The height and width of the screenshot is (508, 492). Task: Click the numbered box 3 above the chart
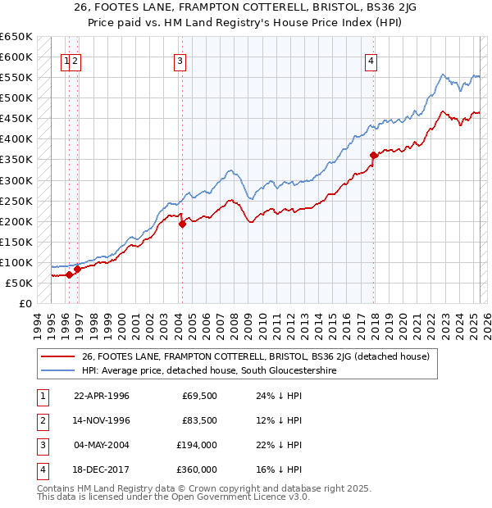(179, 60)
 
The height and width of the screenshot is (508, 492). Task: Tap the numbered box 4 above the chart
(371, 60)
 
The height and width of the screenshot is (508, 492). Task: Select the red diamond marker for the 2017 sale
(373, 155)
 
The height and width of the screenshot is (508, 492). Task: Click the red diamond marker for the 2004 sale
(182, 224)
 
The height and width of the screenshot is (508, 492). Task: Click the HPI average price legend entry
(209, 371)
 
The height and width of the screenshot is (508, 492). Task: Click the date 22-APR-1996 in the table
(102, 397)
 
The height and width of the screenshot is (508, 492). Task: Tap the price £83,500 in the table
(198, 420)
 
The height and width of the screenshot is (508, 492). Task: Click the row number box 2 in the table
(40, 420)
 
